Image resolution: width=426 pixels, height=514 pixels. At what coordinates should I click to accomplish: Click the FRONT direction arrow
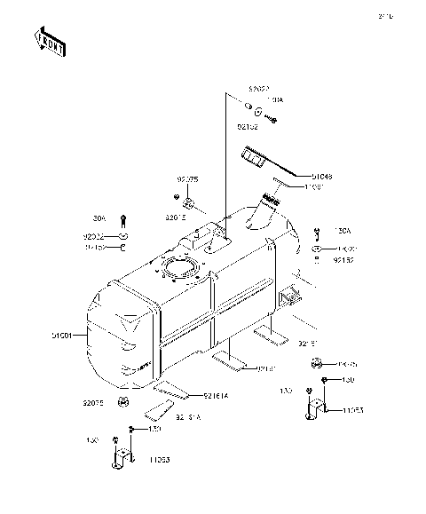tap(50, 42)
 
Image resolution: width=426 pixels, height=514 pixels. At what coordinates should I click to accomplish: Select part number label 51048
tap(297, 176)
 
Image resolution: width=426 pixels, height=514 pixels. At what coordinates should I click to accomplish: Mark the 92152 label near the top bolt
tap(248, 127)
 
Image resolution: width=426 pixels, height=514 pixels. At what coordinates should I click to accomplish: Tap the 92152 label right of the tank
tap(344, 261)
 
